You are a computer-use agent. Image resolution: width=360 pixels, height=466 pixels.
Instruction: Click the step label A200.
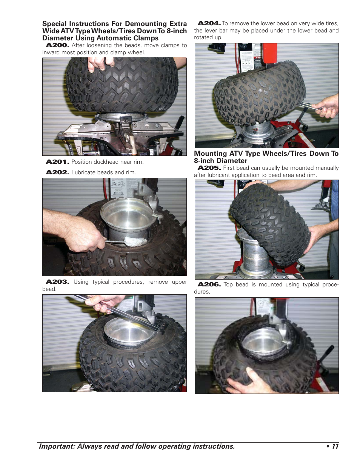pyautogui.click(x=57, y=45)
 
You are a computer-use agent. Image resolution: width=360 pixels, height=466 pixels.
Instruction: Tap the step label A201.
pyautogui.click(x=57, y=162)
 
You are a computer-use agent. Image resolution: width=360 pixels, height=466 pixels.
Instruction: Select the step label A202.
pyautogui.click(x=57, y=172)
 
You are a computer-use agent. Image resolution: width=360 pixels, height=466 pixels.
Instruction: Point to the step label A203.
pyautogui.click(x=57, y=282)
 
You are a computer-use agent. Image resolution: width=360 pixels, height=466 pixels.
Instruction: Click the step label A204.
pyautogui.click(x=209, y=23)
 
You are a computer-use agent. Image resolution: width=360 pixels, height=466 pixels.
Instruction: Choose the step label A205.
pyautogui.click(x=209, y=168)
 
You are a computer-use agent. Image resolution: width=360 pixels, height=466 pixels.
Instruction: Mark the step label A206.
pyautogui.click(x=209, y=285)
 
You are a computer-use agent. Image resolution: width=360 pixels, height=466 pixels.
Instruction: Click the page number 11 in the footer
pyautogui.click(x=335, y=446)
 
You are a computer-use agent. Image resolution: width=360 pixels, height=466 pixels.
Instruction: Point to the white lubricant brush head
pyautogui.click(x=132, y=241)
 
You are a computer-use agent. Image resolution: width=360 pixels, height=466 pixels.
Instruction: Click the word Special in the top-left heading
pyautogui.click(x=54, y=24)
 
